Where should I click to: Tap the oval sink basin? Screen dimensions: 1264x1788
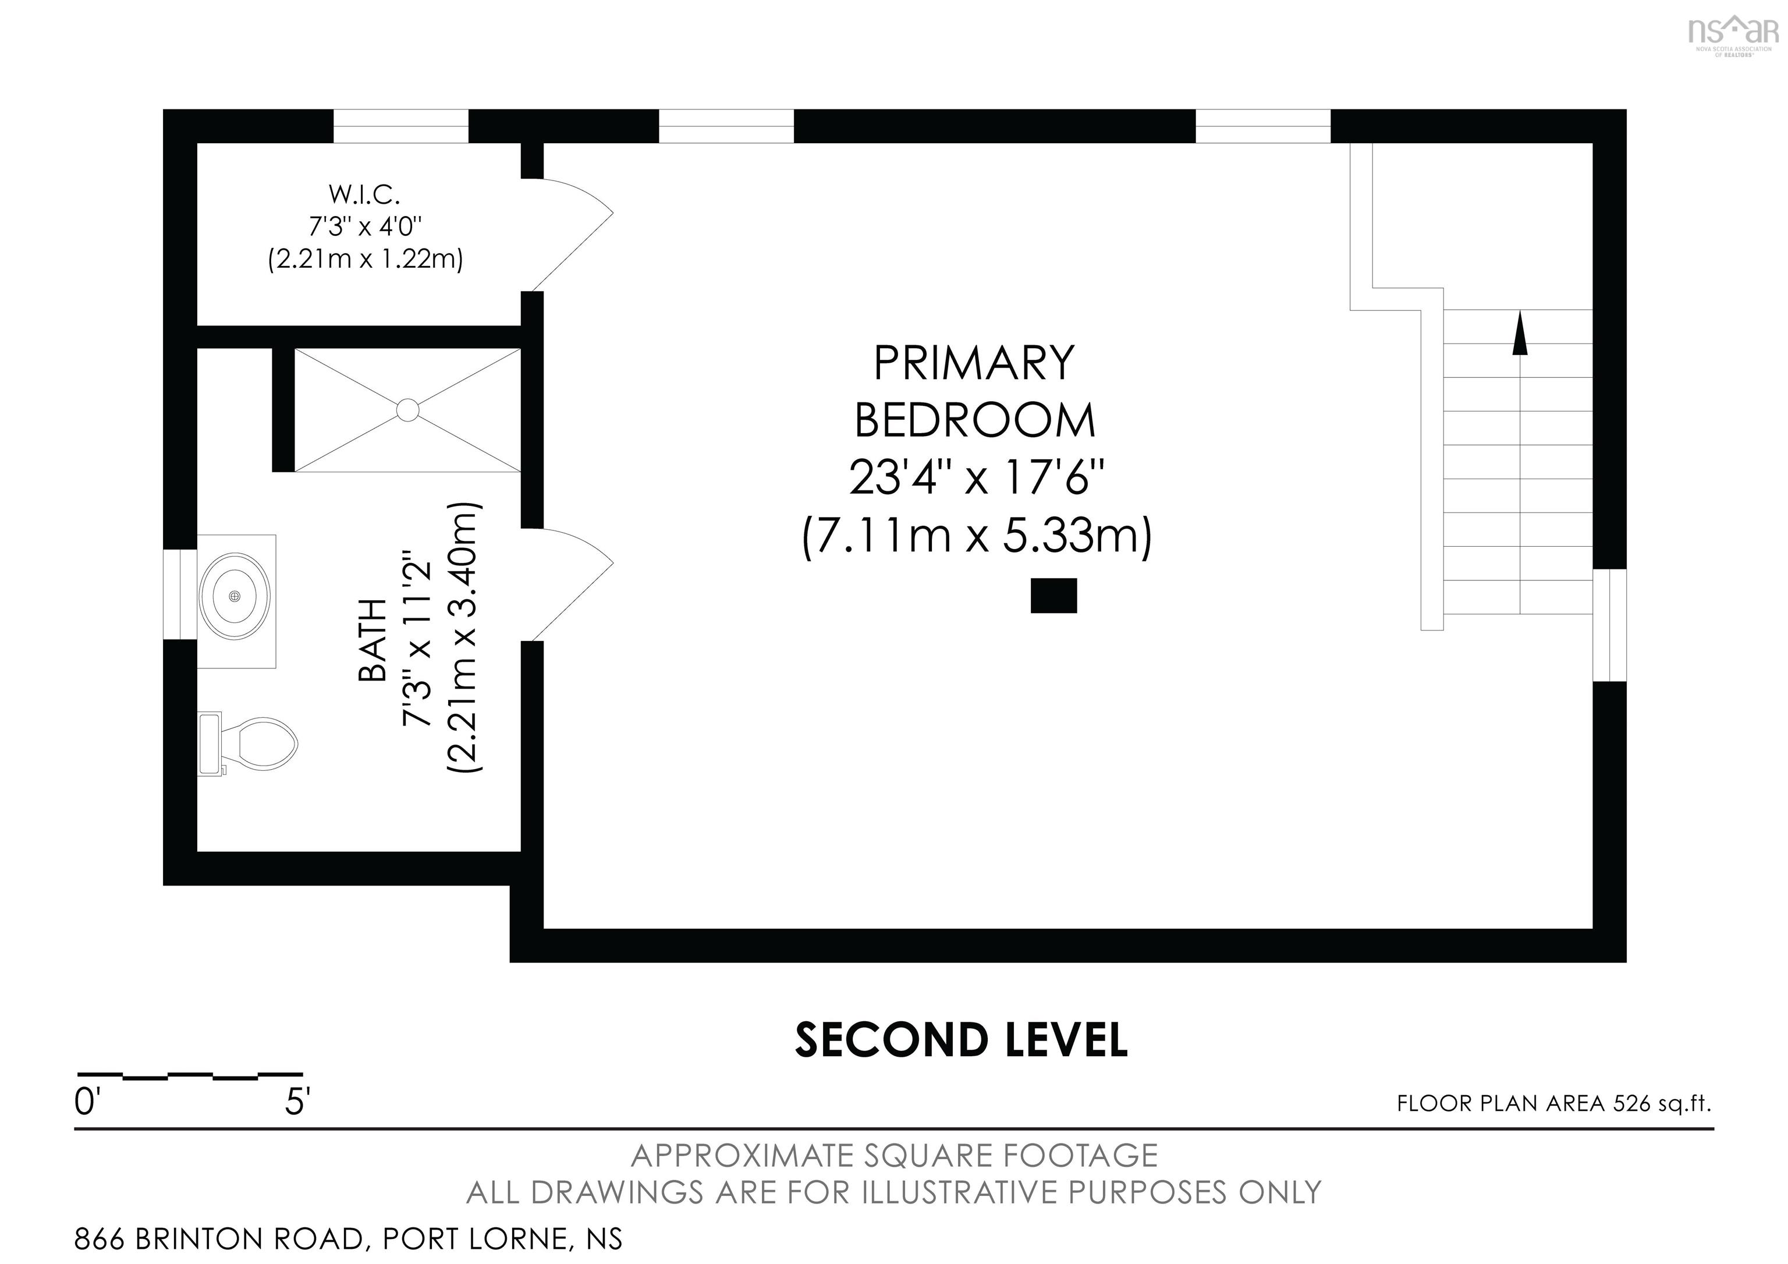tap(235, 596)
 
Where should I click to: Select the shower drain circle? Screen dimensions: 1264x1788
tap(407, 410)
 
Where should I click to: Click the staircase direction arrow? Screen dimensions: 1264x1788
tap(1519, 335)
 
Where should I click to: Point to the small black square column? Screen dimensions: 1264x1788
tap(1053, 596)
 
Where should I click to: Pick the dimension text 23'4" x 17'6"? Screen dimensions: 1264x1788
tap(977, 477)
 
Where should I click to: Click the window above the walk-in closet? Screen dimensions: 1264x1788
tap(401, 126)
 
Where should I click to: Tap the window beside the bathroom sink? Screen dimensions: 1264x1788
tap(180, 594)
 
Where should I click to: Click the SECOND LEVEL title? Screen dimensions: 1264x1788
tap(961, 1040)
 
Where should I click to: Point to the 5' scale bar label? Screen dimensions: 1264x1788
tap(297, 1103)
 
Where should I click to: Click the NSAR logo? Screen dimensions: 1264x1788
tap(1732, 33)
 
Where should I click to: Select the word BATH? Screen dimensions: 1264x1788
tap(373, 640)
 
